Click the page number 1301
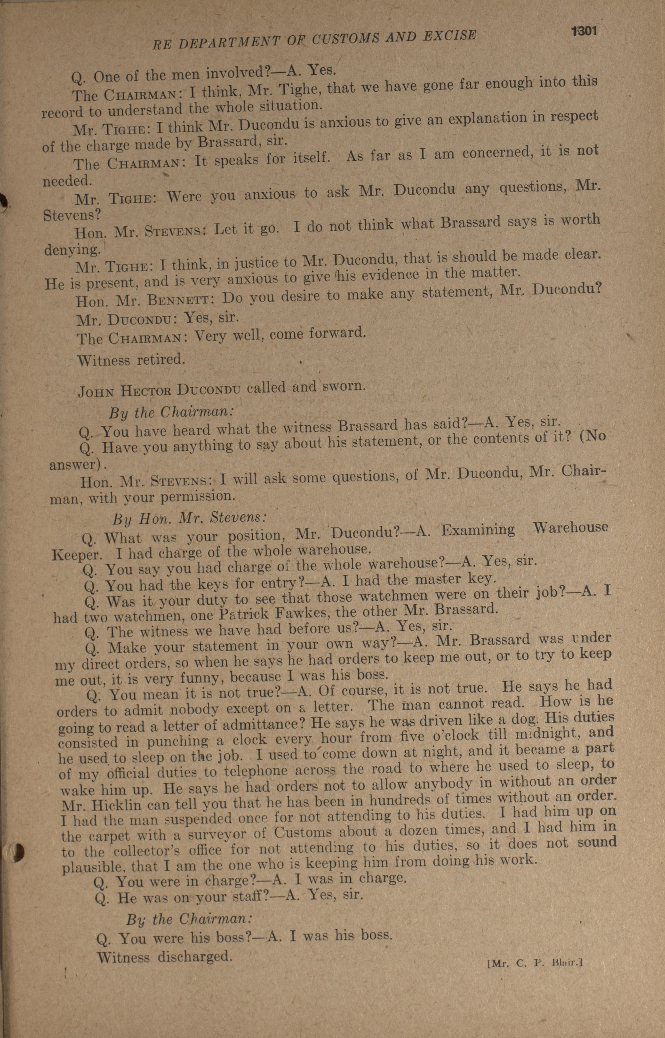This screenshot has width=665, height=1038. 584,31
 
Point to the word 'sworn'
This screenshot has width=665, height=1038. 344,385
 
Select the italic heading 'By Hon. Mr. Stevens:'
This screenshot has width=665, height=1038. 190,518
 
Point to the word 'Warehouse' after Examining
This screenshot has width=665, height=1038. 570,527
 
